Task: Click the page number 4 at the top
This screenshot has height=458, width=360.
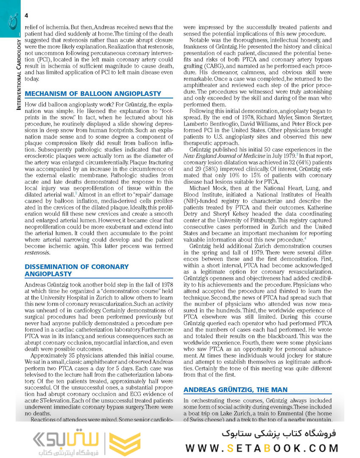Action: tap(27, 16)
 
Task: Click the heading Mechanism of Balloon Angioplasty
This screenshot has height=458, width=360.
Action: tap(93, 93)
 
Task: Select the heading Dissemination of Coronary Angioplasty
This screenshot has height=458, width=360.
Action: tap(76, 270)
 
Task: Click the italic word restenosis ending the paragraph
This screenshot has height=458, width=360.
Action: tap(37, 253)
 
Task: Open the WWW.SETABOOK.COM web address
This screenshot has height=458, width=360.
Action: tap(262, 448)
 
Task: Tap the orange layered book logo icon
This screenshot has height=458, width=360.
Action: tap(125, 444)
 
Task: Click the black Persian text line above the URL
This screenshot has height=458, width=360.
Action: tap(279, 433)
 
